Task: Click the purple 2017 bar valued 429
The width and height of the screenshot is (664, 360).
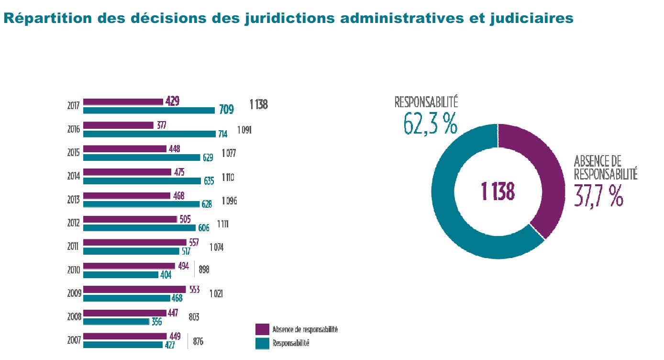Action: (x=123, y=101)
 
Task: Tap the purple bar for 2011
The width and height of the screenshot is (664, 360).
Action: (x=134, y=242)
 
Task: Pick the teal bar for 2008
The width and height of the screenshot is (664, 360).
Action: (x=116, y=321)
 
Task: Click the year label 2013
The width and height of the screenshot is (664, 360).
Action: (x=74, y=201)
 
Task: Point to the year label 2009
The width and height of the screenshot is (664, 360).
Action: (x=74, y=293)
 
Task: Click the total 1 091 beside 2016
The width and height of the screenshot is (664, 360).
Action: (x=244, y=130)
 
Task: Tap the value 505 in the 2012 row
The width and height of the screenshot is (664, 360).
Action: (x=185, y=219)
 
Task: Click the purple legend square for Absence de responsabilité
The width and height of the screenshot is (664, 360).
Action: (x=262, y=329)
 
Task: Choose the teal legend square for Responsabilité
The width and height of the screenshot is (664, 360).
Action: (x=262, y=343)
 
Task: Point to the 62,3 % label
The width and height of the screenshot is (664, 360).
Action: (x=430, y=124)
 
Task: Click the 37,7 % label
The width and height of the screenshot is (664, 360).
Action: (x=599, y=196)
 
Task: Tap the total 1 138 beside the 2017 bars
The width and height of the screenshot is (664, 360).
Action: (x=258, y=104)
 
